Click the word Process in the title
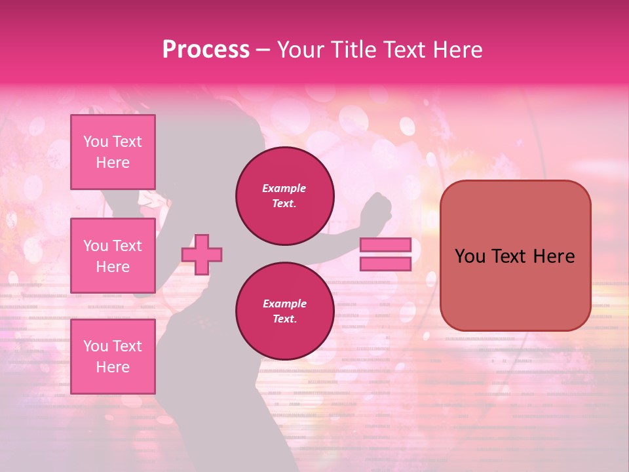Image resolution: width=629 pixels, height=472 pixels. (206, 50)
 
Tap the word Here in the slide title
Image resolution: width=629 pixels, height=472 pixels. (456, 50)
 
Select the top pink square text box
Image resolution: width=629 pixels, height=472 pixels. (113, 152)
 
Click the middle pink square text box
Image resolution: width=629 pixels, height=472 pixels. (113, 256)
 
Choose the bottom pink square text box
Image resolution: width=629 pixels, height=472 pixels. (113, 356)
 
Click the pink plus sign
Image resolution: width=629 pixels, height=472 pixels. (202, 255)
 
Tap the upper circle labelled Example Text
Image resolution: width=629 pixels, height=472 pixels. (284, 196)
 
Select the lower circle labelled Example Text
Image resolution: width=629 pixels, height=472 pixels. (284, 311)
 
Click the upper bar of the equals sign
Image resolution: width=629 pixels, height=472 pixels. (385, 245)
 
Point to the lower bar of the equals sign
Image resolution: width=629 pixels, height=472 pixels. (385, 264)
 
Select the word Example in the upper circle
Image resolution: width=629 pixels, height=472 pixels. (284, 189)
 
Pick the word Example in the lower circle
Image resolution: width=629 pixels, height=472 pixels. (284, 304)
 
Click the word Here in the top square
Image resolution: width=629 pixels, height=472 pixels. (113, 163)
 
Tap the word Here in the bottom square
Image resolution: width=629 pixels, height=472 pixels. (113, 367)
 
